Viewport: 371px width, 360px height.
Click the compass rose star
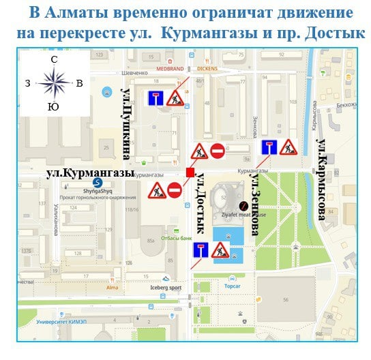point(53,83)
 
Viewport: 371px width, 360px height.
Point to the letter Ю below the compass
point(53,106)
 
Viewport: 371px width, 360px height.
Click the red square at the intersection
point(190,172)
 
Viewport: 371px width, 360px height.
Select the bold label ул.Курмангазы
point(90,174)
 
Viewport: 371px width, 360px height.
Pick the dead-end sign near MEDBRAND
point(156,97)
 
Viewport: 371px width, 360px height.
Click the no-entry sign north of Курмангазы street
point(217,151)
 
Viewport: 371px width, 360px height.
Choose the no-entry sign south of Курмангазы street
point(175,190)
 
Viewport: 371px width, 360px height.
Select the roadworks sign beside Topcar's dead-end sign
point(220,250)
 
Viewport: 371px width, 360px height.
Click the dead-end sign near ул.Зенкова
point(269,147)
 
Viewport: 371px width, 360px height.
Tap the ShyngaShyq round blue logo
point(97,183)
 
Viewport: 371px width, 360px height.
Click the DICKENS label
point(207,68)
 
